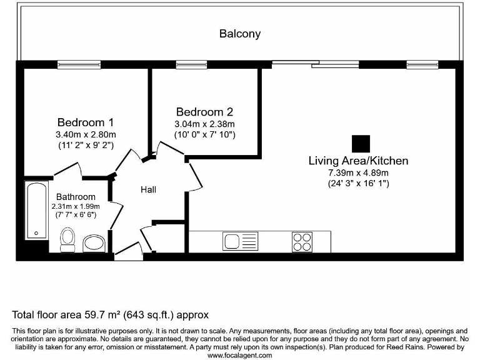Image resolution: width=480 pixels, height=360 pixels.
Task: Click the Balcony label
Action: pyautogui.click(x=239, y=34)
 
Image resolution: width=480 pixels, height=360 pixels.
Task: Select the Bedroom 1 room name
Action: pyautogui.click(x=86, y=122)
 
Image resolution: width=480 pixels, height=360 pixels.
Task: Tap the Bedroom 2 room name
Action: pyautogui.click(x=204, y=112)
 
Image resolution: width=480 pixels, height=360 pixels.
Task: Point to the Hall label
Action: pyautogui.click(x=148, y=189)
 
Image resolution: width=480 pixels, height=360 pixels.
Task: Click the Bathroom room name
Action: pyautogui.click(x=76, y=197)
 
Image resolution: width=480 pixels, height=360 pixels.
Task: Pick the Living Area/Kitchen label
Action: pyautogui.click(x=358, y=161)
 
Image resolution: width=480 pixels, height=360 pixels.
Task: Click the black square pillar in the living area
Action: pyautogui.click(x=361, y=144)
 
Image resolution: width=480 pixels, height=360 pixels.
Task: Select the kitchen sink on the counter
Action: pyautogui.click(x=240, y=241)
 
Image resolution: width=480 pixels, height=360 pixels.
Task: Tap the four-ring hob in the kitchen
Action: pyautogui.click(x=302, y=241)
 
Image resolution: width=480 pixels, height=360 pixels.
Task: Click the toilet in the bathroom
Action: pyautogui.click(x=67, y=238)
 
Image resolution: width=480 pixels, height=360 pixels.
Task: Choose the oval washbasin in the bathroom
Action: pyautogui.click(x=94, y=242)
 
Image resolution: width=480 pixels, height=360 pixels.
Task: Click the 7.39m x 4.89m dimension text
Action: pyautogui.click(x=358, y=172)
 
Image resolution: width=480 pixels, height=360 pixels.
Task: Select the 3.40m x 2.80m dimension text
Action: pyautogui.click(x=86, y=134)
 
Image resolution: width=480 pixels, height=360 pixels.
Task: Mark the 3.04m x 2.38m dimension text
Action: pyautogui.click(x=204, y=124)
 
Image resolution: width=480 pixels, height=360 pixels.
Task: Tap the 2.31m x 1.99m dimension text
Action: pyautogui.click(x=76, y=206)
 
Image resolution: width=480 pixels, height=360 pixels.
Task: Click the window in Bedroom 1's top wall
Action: pyautogui.click(x=75, y=64)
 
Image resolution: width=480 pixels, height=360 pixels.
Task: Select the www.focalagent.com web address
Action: pyautogui.click(x=239, y=355)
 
